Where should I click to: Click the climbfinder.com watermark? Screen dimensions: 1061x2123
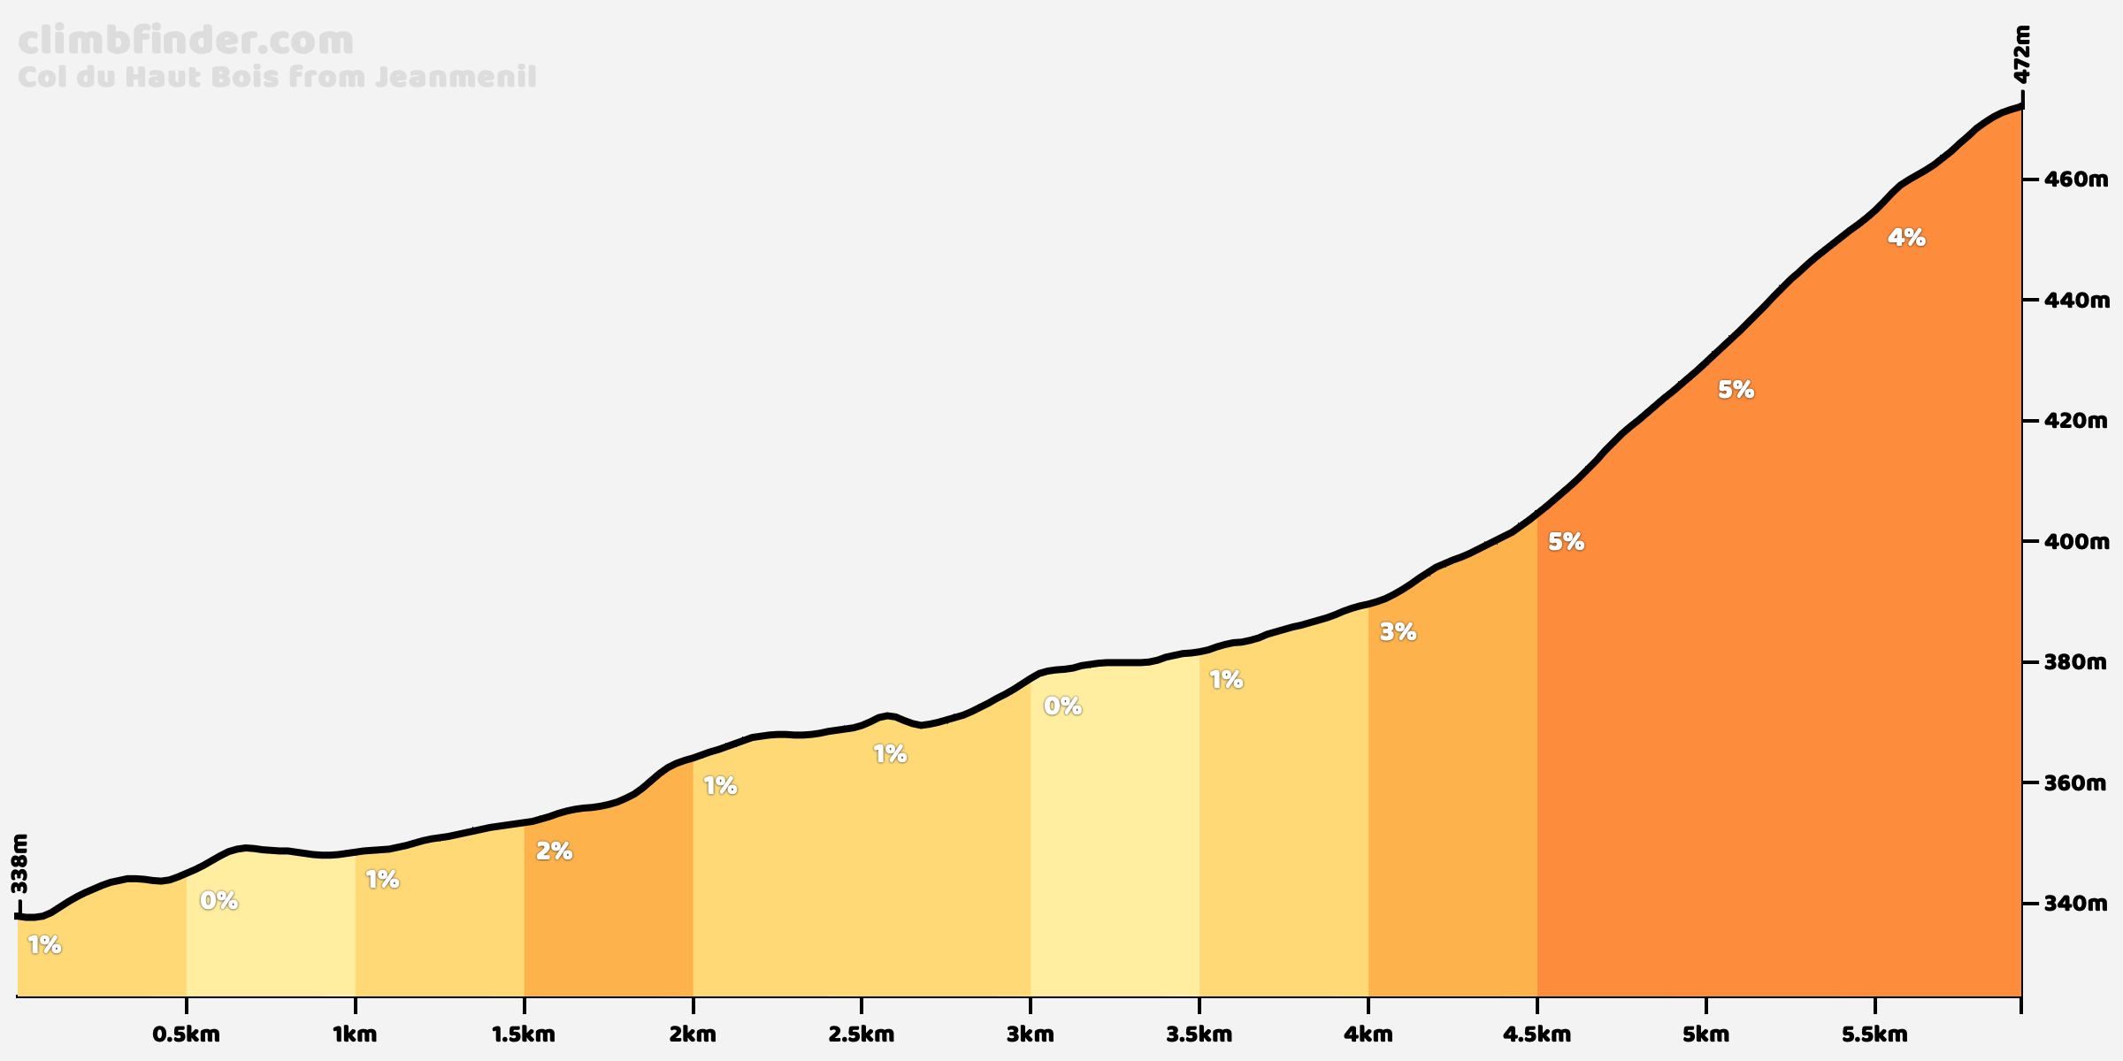pos(186,42)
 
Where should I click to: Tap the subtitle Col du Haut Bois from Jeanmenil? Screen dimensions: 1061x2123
pos(277,77)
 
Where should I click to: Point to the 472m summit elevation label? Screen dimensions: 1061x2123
pos(2021,55)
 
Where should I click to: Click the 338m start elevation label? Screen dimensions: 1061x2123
pos(19,863)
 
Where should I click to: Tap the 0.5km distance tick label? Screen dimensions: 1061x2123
pos(186,1034)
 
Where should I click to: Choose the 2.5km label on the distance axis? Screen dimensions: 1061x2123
pos(862,1034)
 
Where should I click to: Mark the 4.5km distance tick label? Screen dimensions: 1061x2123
pos(1537,1034)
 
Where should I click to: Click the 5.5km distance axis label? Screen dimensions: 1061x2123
pos(1875,1034)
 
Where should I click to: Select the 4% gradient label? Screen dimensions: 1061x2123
pos(1906,238)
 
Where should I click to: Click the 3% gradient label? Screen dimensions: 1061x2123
pos(1398,632)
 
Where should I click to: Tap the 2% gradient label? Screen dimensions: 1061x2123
pos(554,851)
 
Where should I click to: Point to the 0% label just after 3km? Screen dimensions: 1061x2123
pos(1062,706)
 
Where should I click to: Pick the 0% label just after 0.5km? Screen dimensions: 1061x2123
pos(218,901)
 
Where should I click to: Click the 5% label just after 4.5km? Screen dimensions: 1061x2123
pos(1566,542)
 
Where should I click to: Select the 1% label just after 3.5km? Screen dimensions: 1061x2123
pos(1226,680)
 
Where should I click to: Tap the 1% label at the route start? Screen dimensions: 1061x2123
pos(44,945)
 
